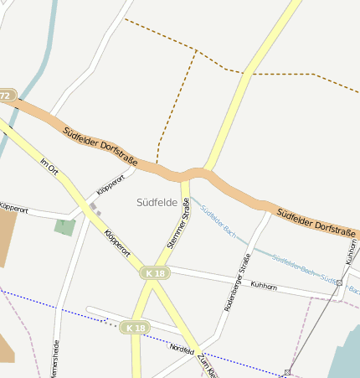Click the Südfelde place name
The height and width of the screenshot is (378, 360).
[157, 202]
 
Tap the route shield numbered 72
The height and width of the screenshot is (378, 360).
[6, 96]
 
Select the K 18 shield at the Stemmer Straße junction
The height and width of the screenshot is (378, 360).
[154, 273]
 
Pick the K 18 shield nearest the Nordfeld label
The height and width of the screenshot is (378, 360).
[134, 327]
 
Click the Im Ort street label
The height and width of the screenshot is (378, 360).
[49, 166]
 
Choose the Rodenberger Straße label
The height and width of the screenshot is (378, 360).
[237, 282]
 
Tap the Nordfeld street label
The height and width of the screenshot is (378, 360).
[182, 347]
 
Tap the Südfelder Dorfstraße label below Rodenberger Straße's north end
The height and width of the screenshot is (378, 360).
[316, 222]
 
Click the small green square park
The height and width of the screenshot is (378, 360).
[64, 226]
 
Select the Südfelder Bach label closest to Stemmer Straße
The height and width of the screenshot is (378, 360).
[213, 220]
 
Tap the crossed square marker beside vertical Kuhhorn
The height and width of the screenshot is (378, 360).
[338, 283]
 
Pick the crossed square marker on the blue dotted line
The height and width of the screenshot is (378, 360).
[287, 371]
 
